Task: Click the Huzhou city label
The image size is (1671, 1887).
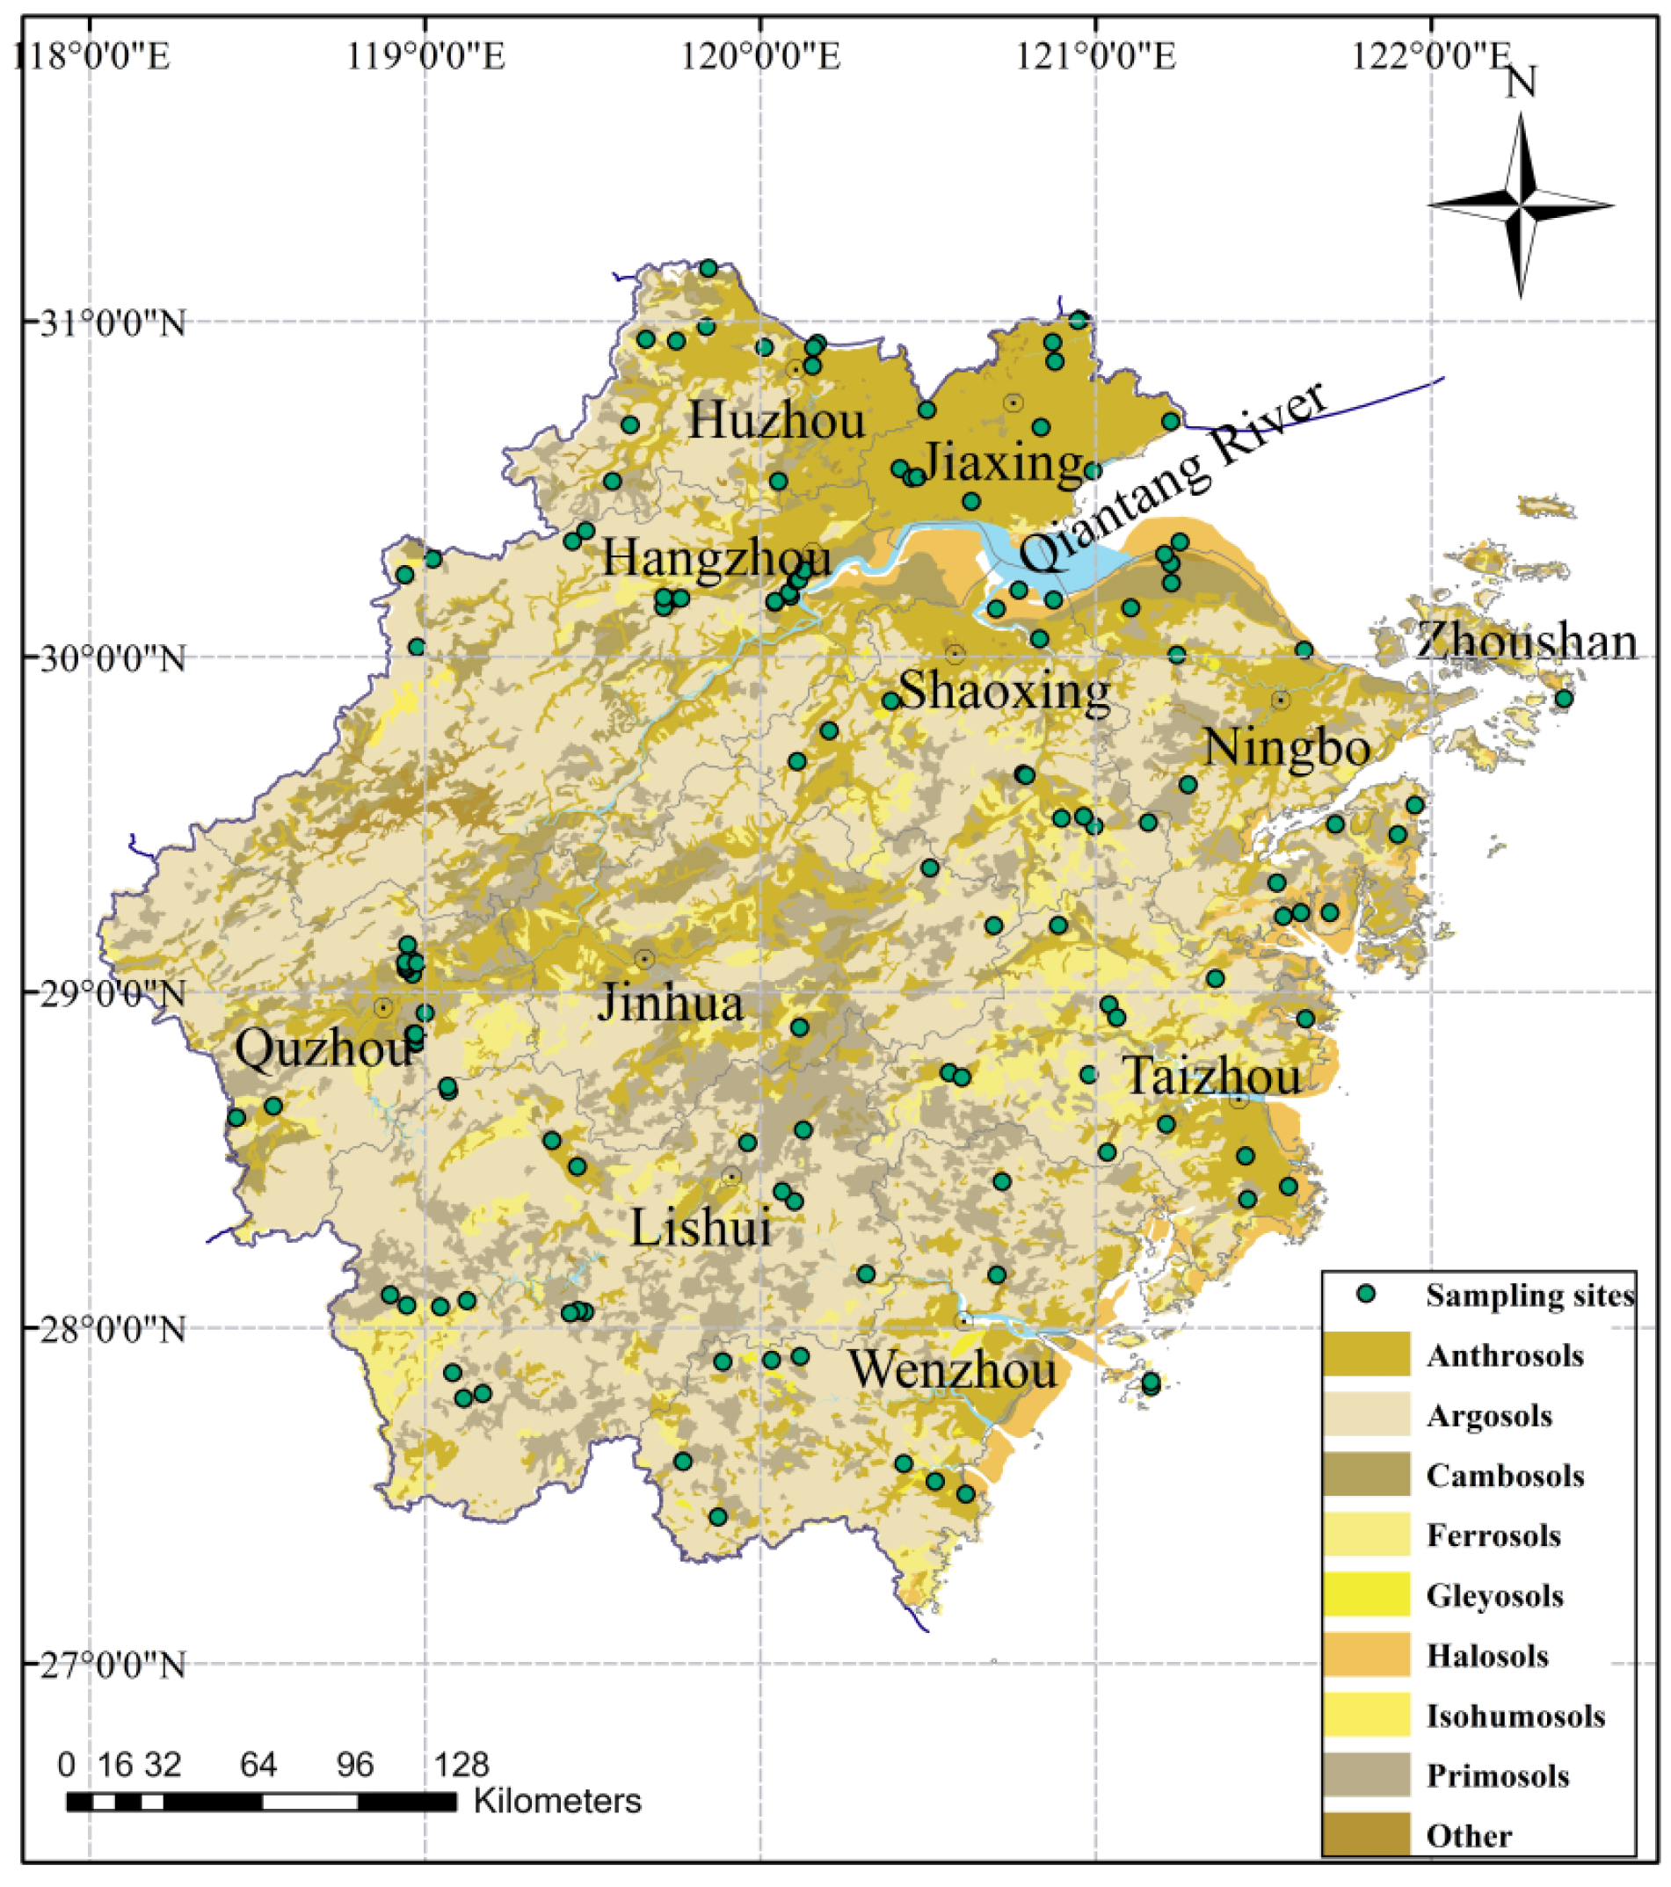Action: click(x=776, y=420)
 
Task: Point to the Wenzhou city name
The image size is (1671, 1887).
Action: click(x=952, y=1369)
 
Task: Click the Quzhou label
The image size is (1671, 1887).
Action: click(x=323, y=1049)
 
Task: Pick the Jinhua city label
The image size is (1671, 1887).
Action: click(x=671, y=1003)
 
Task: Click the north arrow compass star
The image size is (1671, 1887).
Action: click(x=1521, y=205)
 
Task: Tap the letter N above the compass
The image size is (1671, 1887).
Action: click(x=1521, y=83)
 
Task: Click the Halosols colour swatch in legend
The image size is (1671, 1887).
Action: click(x=1365, y=1654)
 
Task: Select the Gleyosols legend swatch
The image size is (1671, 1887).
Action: click(x=1365, y=1594)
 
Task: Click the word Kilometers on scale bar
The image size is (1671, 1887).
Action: click(x=556, y=1801)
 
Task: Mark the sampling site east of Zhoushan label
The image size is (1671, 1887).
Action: click(x=1563, y=698)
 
